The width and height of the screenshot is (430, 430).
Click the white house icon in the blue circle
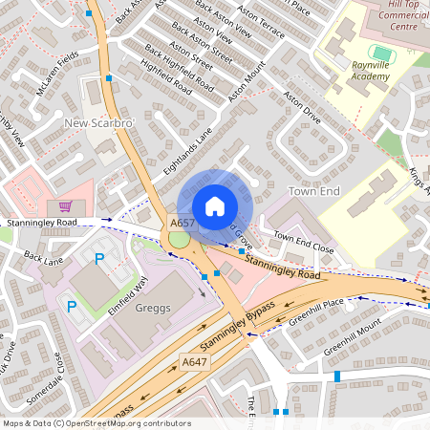pos(215,206)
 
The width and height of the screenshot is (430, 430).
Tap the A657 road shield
pos(183,223)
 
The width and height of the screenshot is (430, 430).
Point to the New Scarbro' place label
pos(98,124)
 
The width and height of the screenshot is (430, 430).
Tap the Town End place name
pos(314,191)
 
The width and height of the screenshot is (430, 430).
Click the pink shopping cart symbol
pos(65,205)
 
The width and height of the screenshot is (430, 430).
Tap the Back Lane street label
pos(43,258)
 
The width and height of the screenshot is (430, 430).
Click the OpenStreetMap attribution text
pos(97,422)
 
